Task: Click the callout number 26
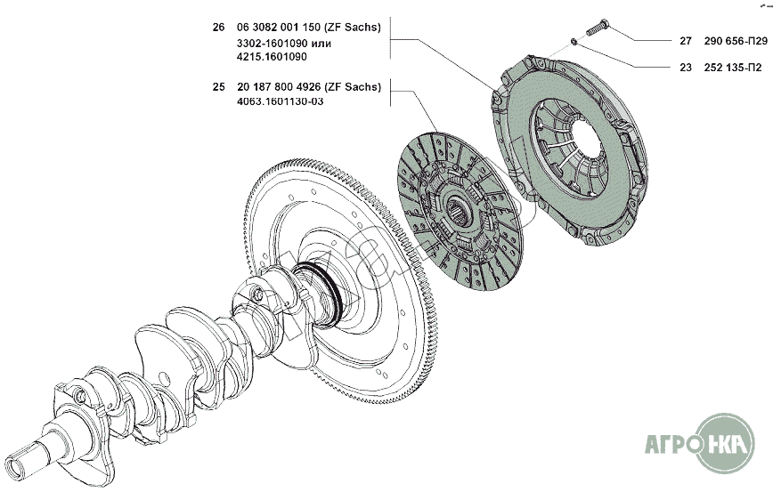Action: (218, 28)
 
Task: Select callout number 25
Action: (218, 87)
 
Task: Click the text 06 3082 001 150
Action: (279, 28)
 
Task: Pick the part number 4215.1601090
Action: (273, 56)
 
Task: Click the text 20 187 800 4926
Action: (280, 87)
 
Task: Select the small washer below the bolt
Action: (574, 40)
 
